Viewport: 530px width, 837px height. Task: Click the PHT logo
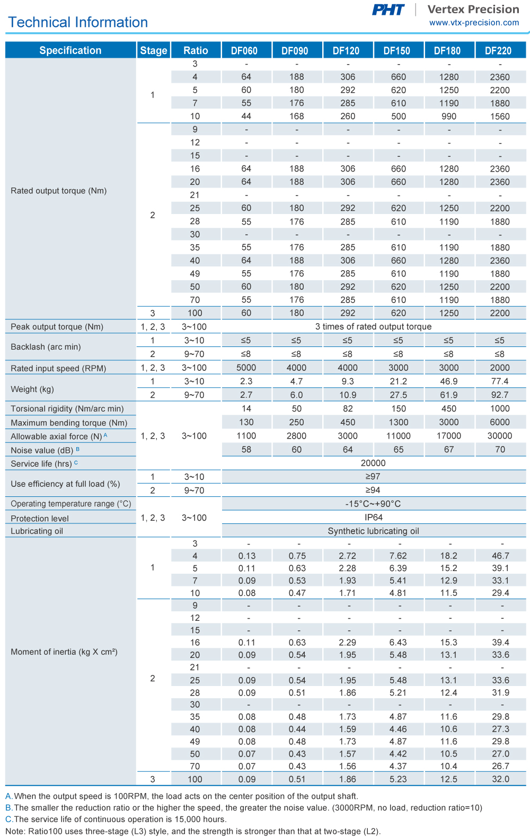[388, 10]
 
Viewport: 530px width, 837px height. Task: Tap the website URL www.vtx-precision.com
[474, 23]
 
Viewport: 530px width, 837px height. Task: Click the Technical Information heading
[78, 22]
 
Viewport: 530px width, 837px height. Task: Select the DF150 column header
[397, 51]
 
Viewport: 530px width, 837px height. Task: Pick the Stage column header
[154, 51]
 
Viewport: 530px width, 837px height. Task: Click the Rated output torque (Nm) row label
[59, 191]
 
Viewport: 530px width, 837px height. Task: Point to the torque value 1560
[500, 117]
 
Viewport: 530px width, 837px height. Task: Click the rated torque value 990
[449, 117]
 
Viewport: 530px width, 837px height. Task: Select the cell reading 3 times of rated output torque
[373, 327]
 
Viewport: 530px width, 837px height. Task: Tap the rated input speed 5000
[246, 368]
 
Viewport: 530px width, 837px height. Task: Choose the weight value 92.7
[500, 395]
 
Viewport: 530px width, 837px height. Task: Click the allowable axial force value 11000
[398, 436]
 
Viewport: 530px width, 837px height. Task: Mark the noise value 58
[246, 450]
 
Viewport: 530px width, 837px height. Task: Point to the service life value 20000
[373, 463]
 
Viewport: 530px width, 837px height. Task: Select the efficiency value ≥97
[373, 477]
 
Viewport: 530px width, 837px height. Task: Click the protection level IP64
[373, 518]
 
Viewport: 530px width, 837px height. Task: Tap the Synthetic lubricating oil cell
[373, 531]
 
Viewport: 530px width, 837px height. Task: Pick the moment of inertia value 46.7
[500, 556]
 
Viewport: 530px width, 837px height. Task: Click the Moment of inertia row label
[64, 652]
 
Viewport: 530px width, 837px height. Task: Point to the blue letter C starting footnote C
[8, 820]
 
